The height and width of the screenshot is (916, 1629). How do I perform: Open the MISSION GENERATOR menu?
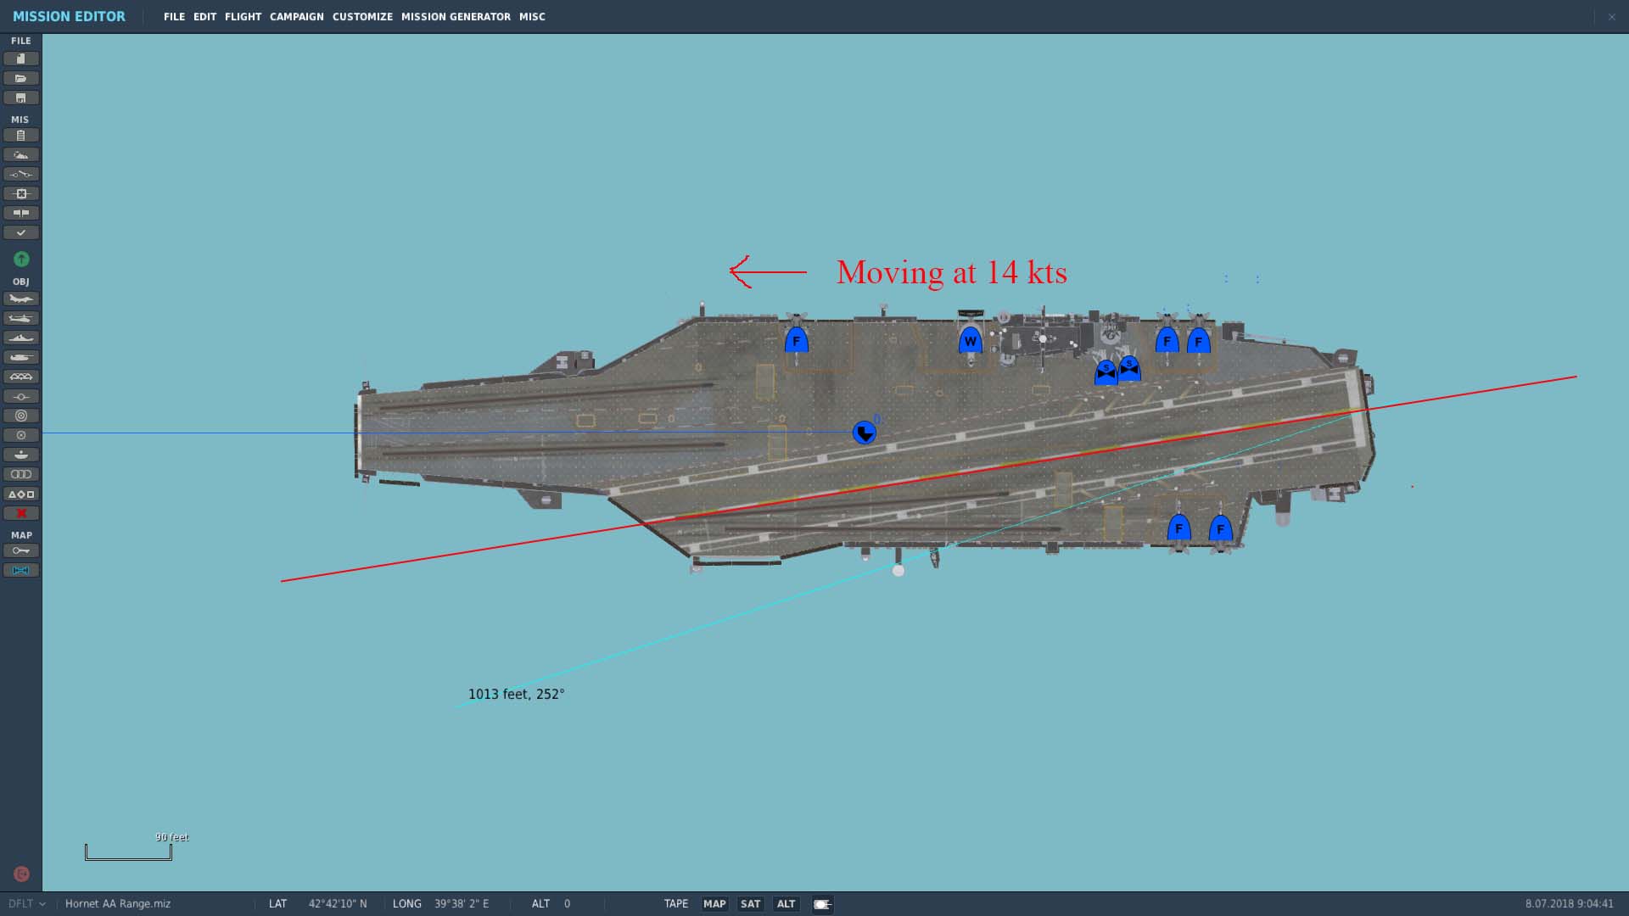[x=456, y=17]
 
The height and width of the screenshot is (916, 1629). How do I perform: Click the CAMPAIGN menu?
[x=296, y=17]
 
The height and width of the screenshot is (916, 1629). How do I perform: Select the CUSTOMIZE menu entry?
[x=362, y=17]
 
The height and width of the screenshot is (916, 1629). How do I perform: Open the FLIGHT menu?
[x=243, y=17]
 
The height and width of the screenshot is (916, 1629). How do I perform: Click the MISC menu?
[x=532, y=17]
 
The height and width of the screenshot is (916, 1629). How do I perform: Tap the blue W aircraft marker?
[x=970, y=341]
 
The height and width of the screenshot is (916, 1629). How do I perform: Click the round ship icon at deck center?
[x=864, y=433]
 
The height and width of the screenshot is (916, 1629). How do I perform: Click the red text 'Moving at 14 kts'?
[x=952, y=272]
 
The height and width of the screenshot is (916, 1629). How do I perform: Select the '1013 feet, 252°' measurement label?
[x=516, y=694]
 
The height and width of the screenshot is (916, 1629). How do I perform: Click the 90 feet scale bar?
[x=128, y=852]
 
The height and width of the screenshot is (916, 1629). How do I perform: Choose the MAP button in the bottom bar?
[x=714, y=904]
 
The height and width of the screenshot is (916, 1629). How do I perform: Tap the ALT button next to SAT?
[x=787, y=904]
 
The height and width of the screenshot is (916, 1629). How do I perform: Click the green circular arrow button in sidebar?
[x=21, y=259]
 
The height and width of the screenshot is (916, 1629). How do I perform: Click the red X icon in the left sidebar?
[x=21, y=513]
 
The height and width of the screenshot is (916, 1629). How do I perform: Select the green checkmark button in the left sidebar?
[x=21, y=232]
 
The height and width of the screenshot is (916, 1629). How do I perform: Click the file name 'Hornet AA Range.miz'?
[x=118, y=904]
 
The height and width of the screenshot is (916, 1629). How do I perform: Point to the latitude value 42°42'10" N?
[x=338, y=904]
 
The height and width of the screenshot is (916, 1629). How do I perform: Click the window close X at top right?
[x=1611, y=17]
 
